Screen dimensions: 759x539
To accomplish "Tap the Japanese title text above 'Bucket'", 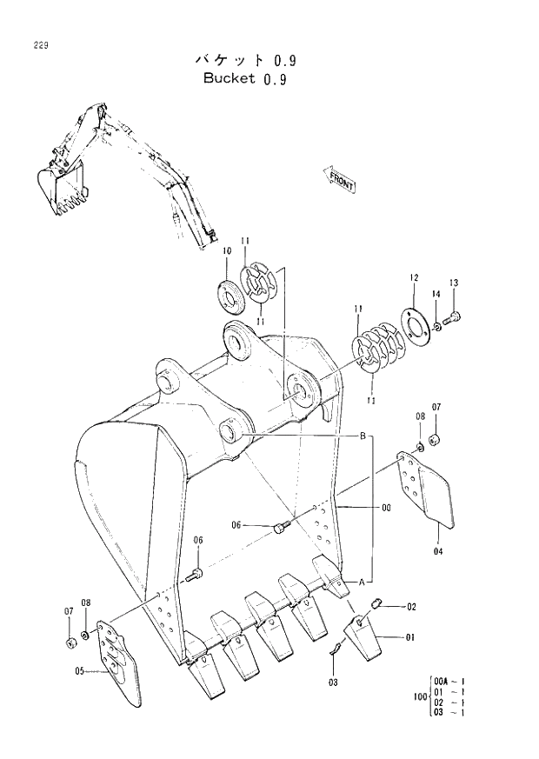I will (x=244, y=60).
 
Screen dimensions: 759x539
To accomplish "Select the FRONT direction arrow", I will (x=340, y=179).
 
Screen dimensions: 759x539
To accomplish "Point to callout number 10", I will (x=226, y=251).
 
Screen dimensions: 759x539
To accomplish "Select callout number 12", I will (x=413, y=277).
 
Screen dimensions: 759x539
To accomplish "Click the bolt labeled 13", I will (x=453, y=319).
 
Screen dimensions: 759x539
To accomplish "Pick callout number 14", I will (x=436, y=296).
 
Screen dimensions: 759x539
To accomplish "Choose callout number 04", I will (x=437, y=550).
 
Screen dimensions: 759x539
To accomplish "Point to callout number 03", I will (x=333, y=682).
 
